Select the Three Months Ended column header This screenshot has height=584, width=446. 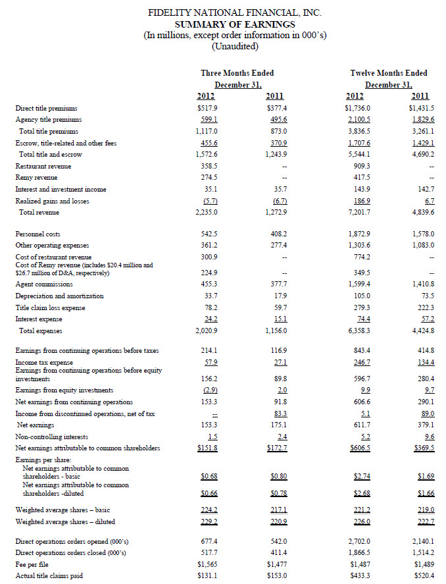[237, 72]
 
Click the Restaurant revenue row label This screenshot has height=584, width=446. [45, 165]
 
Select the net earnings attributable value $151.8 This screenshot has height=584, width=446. [207, 448]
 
